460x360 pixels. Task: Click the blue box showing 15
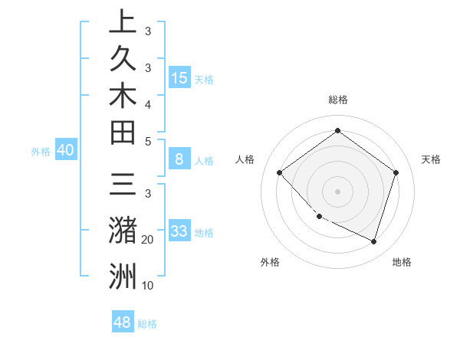[x=179, y=77]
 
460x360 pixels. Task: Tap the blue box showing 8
[x=179, y=159]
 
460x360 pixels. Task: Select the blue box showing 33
[x=179, y=231]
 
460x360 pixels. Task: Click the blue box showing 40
[x=65, y=150]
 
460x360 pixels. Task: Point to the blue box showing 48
[x=123, y=322]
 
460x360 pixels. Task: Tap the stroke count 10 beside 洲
[x=148, y=286]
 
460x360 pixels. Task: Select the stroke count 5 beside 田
[x=147, y=141]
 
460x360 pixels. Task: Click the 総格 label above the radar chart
[x=337, y=100]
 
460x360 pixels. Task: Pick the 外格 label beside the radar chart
[x=270, y=262]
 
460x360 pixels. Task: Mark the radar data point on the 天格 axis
[x=396, y=172]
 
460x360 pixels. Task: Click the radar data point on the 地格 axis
[x=373, y=241]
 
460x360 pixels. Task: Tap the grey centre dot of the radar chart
[x=337, y=191]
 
